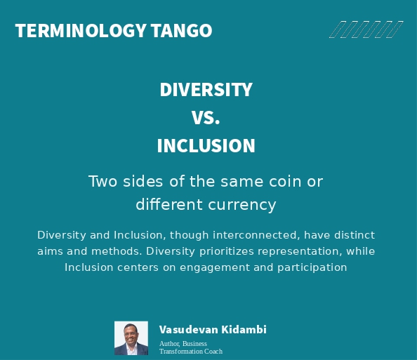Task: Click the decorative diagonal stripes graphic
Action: click(366, 29)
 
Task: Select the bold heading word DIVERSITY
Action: click(206, 90)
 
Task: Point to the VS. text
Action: click(206, 118)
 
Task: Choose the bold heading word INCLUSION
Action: click(206, 146)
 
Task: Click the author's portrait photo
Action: click(131, 338)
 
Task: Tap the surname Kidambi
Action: click(244, 330)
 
